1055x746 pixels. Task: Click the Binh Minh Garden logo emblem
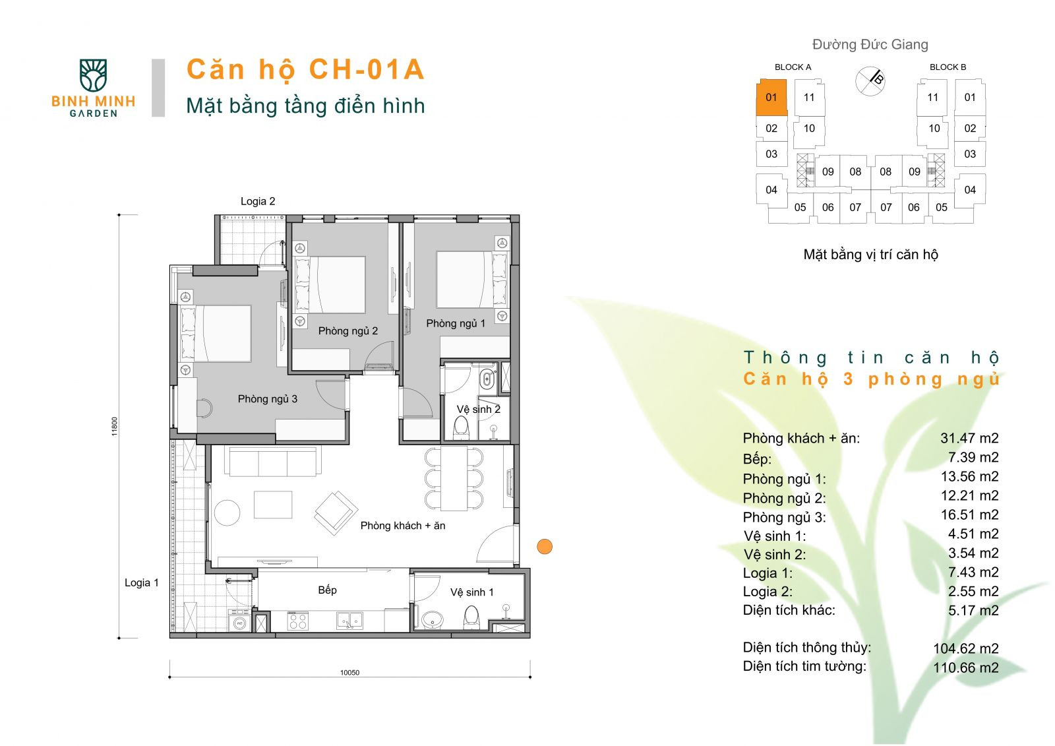click(93, 75)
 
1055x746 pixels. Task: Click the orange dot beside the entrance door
click(545, 546)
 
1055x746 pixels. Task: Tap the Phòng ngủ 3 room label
click(267, 399)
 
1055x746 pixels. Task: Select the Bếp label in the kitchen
click(327, 590)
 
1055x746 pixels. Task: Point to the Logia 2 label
click(258, 201)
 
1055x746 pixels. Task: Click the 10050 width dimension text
click(349, 673)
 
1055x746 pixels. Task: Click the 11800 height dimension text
click(115, 426)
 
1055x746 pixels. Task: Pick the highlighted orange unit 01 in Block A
click(771, 98)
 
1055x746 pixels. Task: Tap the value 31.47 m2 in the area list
click(969, 438)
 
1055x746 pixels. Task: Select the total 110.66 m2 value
click(965, 668)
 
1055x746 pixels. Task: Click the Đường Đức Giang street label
click(870, 45)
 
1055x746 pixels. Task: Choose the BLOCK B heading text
click(948, 67)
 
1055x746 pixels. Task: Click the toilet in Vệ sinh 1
click(471, 617)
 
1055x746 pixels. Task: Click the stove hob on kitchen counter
click(297, 621)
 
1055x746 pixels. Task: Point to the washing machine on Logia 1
click(239, 622)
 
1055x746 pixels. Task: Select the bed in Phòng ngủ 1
click(465, 280)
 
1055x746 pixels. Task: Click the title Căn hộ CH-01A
click(305, 70)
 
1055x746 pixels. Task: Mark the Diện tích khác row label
click(789, 610)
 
